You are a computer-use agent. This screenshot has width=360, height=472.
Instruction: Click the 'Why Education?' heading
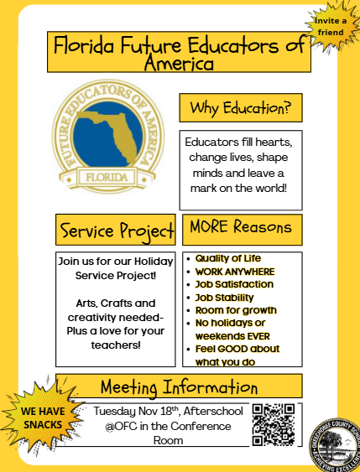coord(239,107)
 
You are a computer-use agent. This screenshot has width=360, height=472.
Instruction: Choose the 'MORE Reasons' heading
coord(241,227)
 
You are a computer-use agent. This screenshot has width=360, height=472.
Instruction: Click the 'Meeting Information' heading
coord(179,387)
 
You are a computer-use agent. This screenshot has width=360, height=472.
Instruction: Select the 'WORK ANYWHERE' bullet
coord(234,272)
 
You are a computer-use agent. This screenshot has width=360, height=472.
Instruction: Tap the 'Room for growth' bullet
coord(236,310)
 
